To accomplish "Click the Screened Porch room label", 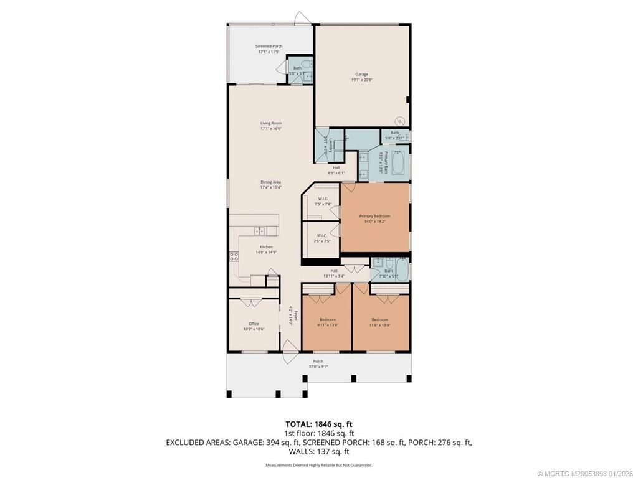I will (x=269, y=46).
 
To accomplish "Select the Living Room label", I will (x=271, y=123).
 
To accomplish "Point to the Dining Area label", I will (x=271, y=182).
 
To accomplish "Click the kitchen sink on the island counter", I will (x=260, y=231).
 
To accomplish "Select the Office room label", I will (x=254, y=324).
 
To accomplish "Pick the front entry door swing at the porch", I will (x=288, y=353).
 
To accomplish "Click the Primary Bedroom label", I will (x=374, y=216).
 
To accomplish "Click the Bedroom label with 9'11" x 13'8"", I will (x=328, y=319).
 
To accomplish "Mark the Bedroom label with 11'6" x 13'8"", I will (x=379, y=319).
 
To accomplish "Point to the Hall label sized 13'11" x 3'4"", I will (x=334, y=271).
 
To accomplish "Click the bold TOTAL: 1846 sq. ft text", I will (x=319, y=424).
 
